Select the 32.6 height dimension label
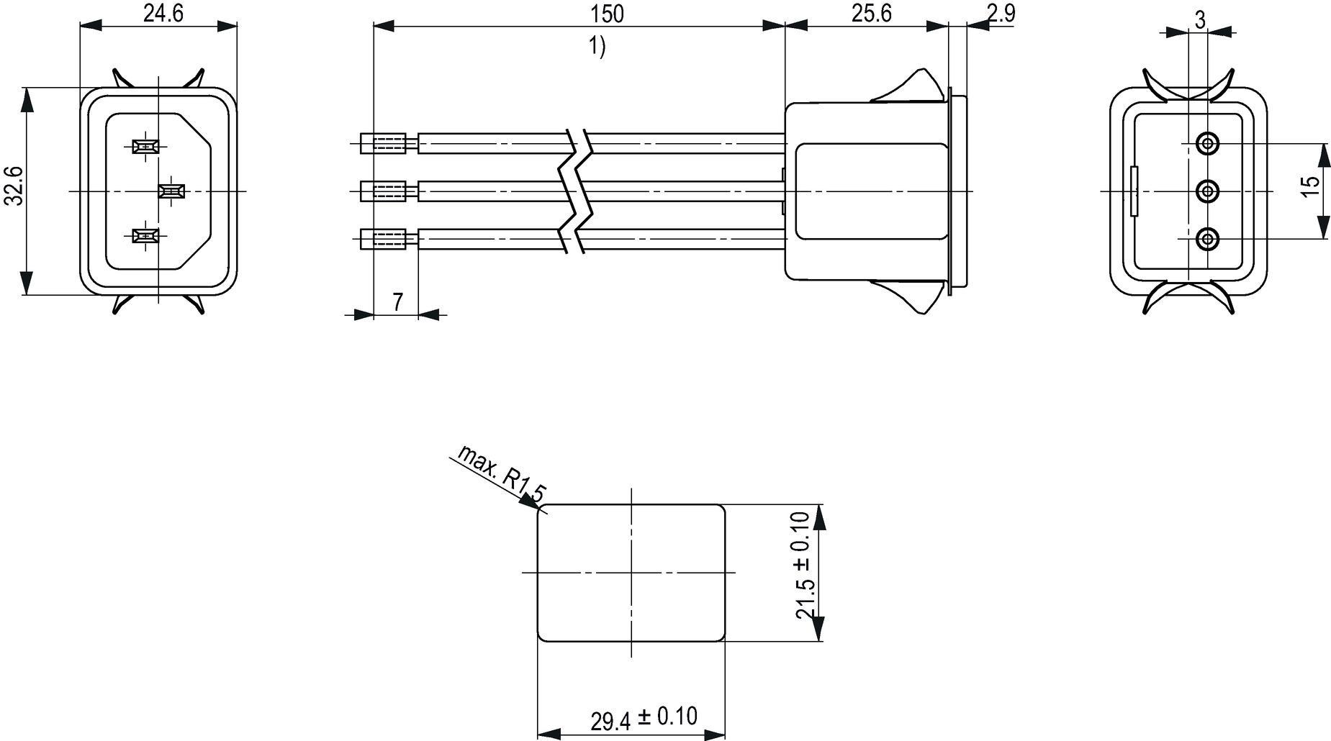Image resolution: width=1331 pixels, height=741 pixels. click(x=15, y=186)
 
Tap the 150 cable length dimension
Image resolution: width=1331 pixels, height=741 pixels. click(x=607, y=13)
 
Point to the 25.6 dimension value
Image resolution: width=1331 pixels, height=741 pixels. click(x=871, y=13)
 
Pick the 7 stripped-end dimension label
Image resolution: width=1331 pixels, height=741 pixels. click(x=397, y=302)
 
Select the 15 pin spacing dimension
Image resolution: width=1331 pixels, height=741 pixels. click(x=1312, y=183)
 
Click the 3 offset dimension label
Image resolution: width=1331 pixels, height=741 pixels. click(x=1199, y=19)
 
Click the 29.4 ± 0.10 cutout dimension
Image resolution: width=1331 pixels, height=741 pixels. click(x=644, y=718)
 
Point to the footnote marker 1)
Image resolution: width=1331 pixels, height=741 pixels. click(x=597, y=47)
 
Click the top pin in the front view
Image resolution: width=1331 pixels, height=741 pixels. click(x=146, y=147)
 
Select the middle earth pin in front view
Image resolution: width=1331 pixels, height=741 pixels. click(x=171, y=191)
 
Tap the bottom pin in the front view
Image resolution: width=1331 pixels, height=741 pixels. click(x=146, y=235)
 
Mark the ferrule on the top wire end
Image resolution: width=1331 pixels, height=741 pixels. click(x=389, y=143)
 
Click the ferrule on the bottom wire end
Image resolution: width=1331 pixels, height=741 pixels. click(x=389, y=238)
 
